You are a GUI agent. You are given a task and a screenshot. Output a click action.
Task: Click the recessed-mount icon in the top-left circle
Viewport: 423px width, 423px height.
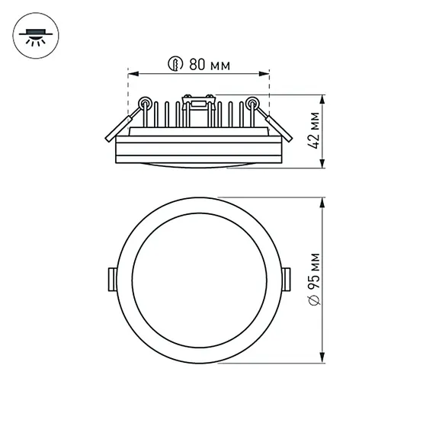pyautogui.click(x=35, y=36)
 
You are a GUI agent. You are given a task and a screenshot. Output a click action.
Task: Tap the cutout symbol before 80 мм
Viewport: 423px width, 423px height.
pyautogui.click(x=176, y=65)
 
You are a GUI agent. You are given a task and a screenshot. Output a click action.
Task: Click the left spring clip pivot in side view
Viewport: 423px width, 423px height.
pyautogui.click(x=143, y=101)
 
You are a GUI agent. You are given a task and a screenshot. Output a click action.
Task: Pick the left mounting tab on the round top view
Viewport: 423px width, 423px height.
pyautogui.click(x=110, y=279)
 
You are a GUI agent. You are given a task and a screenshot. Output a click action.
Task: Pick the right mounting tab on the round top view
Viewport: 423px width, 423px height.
pyautogui.click(x=287, y=279)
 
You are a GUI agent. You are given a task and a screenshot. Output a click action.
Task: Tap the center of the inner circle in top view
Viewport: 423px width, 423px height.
pyautogui.click(x=198, y=280)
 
